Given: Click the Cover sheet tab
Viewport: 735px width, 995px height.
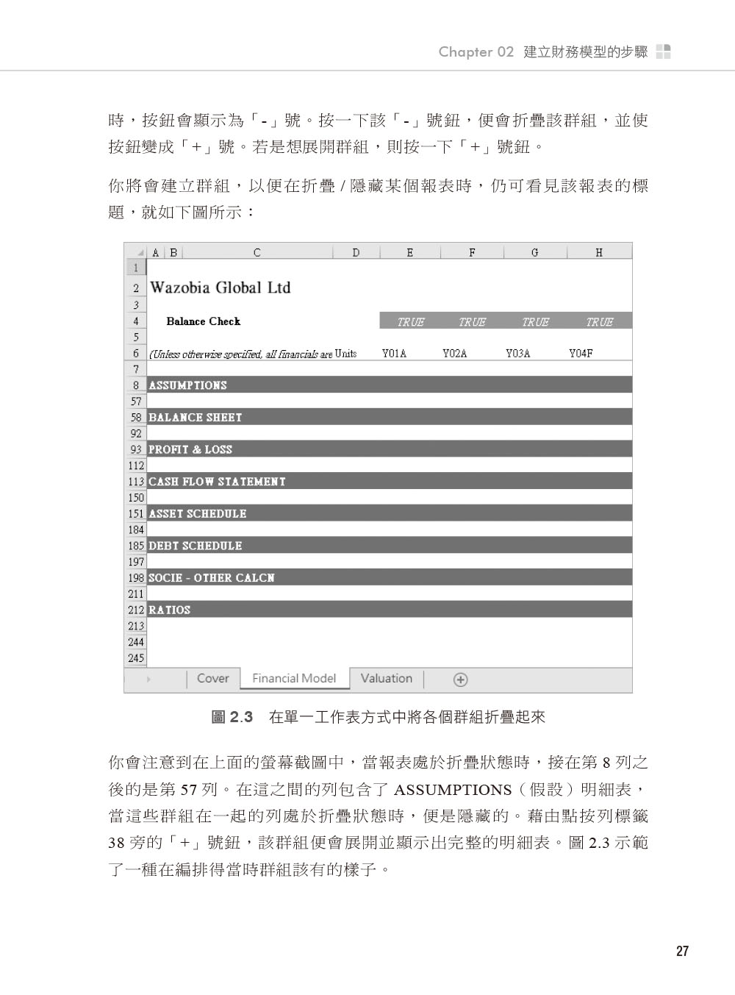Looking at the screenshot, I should click(x=212, y=679).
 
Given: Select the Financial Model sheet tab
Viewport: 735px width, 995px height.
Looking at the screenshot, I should click(x=294, y=679).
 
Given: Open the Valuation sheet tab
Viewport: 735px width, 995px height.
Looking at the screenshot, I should click(x=386, y=679).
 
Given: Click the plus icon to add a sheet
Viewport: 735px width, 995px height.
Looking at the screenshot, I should click(x=460, y=680).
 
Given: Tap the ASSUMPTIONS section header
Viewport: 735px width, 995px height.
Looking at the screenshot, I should click(x=188, y=385).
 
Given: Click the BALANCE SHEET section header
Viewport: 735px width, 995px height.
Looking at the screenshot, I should click(x=196, y=418).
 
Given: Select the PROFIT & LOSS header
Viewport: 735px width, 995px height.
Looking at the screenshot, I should click(x=190, y=449).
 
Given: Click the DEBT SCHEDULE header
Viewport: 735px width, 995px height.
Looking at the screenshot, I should click(x=196, y=546).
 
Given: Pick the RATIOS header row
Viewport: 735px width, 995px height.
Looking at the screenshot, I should click(x=170, y=610).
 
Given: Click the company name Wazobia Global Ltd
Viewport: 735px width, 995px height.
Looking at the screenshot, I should click(x=220, y=288).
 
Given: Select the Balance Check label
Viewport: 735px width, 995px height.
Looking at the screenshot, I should click(x=204, y=321).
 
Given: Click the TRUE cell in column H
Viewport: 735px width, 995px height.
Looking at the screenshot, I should click(x=599, y=321).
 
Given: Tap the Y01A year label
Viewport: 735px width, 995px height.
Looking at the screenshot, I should click(x=394, y=354).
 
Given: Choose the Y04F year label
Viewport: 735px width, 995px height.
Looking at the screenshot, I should click(x=581, y=354).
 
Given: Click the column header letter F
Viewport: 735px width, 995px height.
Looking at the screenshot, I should click(x=472, y=252).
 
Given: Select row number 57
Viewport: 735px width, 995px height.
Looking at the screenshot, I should click(x=136, y=402).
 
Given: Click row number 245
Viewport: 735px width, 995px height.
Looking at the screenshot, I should click(x=136, y=658).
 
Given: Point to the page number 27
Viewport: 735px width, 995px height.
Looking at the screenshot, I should click(x=682, y=951).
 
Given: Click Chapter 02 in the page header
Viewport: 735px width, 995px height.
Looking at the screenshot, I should click(x=476, y=51).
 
